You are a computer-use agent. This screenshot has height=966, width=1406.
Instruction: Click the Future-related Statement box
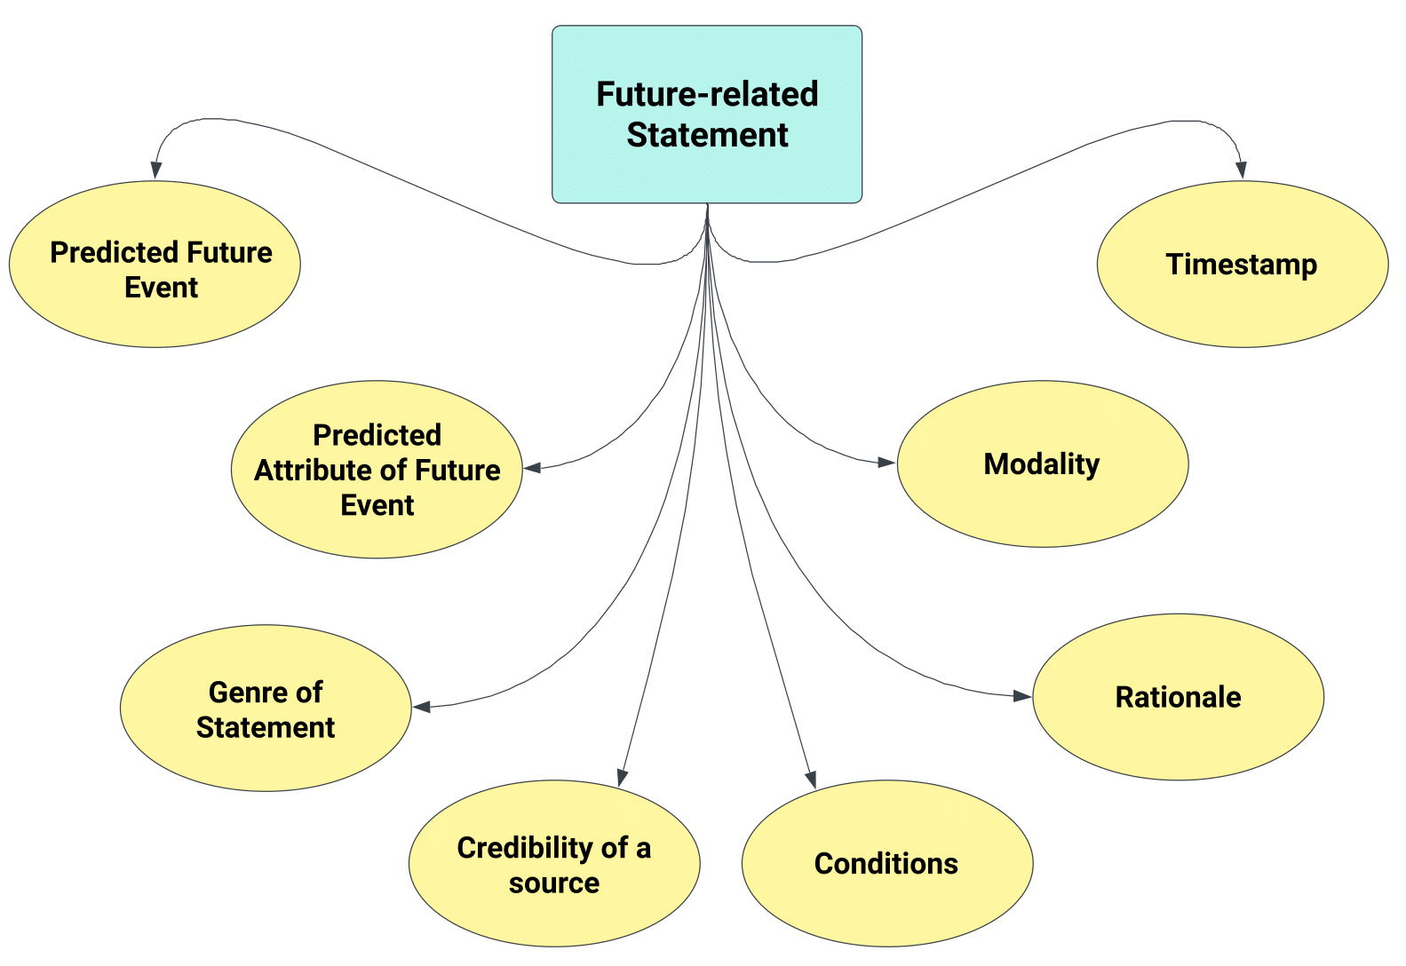click(x=706, y=114)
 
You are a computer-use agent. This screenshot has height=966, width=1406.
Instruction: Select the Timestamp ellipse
click(x=1242, y=264)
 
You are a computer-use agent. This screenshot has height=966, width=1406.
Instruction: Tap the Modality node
click(x=1042, y=463)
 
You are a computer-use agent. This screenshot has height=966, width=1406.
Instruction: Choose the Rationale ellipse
click(x=1178, y=697)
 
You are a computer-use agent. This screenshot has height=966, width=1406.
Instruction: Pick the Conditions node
click(x=886, y=863)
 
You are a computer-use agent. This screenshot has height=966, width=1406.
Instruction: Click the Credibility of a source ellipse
click(x=554, y=863)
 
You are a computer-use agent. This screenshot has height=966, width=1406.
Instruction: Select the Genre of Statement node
click(x=266, y=708)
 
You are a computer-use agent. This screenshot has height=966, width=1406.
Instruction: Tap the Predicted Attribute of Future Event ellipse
click(x=377, y=469)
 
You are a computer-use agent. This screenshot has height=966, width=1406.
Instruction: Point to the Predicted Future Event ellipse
click(x=155, y=264)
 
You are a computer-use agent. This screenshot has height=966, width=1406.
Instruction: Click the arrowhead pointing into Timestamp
click(x=1241, y=170)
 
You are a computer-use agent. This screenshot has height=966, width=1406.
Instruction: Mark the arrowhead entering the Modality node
click(x=886, y=462)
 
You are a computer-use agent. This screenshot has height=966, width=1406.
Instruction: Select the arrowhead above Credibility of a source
click(x=623, y=777)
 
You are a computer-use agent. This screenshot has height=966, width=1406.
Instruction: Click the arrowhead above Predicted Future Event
click(x=156, y=170)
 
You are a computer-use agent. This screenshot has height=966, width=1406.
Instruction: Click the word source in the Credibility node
click(x=554, y=883)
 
